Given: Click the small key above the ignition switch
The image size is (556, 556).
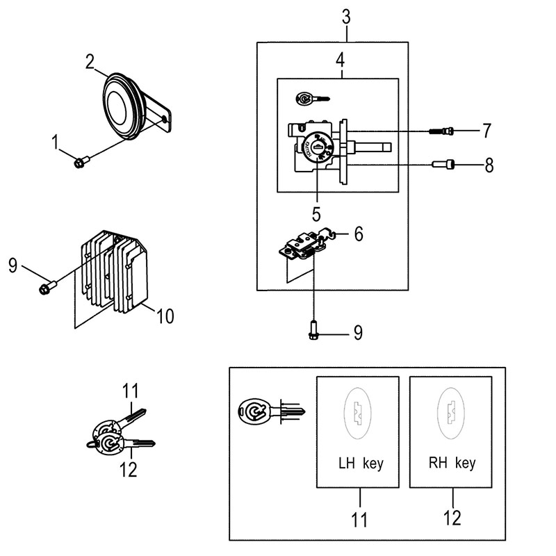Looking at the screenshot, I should [309, 99].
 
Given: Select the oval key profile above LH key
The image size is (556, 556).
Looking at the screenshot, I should [357, 414].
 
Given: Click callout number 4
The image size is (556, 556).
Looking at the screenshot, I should [341, 60].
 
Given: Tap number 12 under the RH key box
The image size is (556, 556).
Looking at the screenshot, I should [452, 517].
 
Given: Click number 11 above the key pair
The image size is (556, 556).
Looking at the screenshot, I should [132, 392].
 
